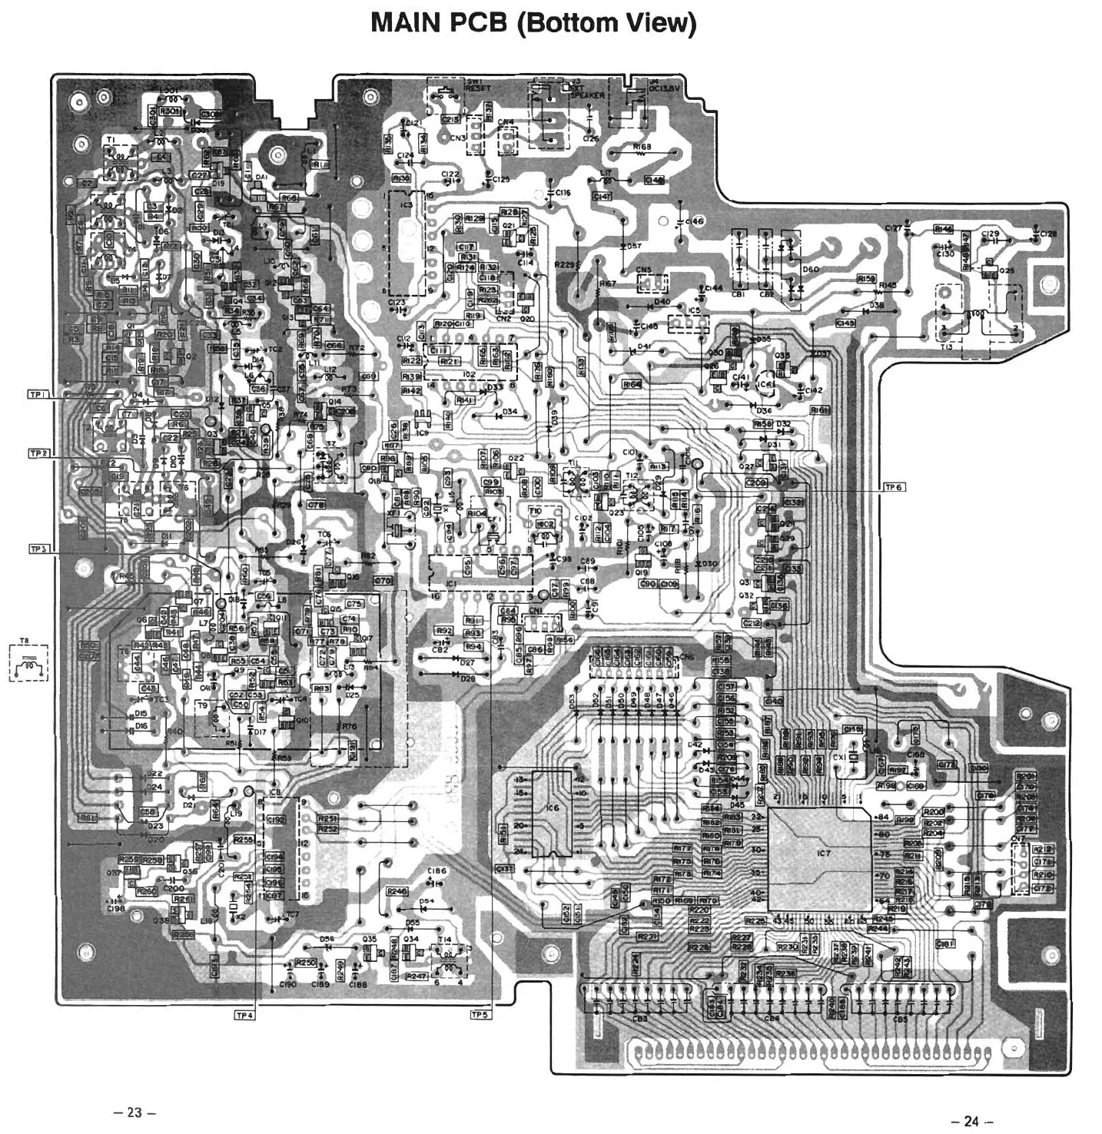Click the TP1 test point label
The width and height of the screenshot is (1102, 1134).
(x=39, y=394)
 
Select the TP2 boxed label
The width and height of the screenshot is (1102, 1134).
(x=39, y=453)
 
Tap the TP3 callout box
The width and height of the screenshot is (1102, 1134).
(x=39, y=549)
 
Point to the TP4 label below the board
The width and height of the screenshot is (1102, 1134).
(x=244, y=1015)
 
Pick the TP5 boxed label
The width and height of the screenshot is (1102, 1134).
(x=480, y=1015)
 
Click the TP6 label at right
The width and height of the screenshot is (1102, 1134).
(x=895, y=487)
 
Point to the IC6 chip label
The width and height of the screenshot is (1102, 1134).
(x=553, y=808)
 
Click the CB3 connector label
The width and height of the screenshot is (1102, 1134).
(x=640, y=1019)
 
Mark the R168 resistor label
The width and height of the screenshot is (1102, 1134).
(x=642, y=146)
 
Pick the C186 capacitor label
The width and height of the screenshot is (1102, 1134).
(x=437, y=870)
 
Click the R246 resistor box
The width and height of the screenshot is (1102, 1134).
(x=397, y=890)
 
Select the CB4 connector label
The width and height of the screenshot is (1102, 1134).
(x=772, y=1019)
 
